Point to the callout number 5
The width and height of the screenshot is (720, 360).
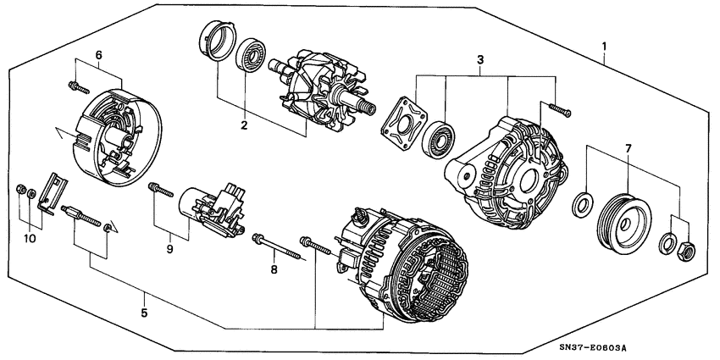click(144, 313)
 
